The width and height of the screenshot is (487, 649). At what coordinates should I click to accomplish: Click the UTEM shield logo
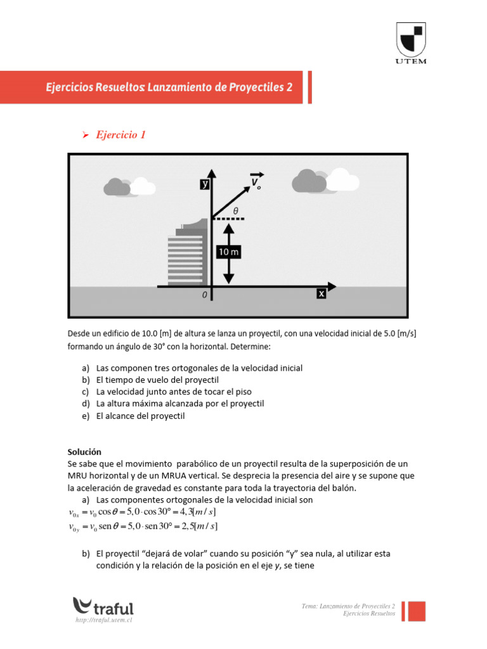412,39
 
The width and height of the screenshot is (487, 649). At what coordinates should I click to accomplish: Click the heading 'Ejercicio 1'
120,135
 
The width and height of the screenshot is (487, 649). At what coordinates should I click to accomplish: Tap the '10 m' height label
229,252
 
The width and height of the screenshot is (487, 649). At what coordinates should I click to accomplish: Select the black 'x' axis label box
321,294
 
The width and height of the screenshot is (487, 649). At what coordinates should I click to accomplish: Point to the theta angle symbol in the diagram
236,211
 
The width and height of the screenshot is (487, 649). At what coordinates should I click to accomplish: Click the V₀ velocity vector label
256,182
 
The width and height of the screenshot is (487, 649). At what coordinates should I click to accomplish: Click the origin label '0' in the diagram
204,295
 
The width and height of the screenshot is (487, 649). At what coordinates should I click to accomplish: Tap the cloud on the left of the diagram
129,186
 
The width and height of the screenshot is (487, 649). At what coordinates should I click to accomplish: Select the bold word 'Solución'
84,452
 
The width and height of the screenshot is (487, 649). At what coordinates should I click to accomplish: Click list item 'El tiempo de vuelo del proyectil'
157,380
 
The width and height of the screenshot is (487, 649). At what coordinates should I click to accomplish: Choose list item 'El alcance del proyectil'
140,416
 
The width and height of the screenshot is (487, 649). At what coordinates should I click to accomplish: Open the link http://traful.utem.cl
103,621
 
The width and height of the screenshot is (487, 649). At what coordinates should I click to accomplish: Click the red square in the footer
416,611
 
